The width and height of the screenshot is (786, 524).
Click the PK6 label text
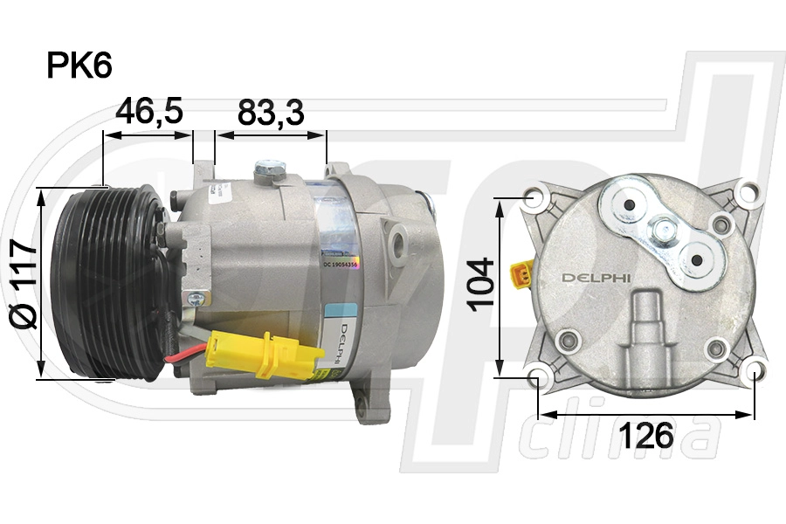[x=79, y=66]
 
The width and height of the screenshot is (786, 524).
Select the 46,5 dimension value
[x=149, y=112]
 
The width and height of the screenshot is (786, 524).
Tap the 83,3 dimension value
[x=271, y=112]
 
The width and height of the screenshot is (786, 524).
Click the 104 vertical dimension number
[x=481, y=285]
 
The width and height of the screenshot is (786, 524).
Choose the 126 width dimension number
[x=646, y=434]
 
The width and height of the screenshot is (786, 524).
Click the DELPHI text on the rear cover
[x=596, y=279]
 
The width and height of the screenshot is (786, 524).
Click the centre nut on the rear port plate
[x=665, y=231]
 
